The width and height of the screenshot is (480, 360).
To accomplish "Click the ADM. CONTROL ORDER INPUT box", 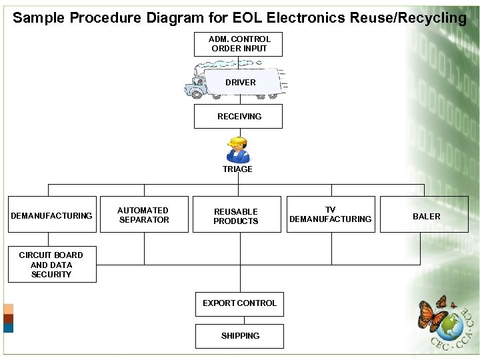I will (239, 44).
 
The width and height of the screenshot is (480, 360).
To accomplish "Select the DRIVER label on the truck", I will (241, 83).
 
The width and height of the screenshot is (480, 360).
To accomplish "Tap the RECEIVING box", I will (239, 116).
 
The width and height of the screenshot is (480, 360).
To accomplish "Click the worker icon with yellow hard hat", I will (237, 150).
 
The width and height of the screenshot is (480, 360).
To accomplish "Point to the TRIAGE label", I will (238, 169).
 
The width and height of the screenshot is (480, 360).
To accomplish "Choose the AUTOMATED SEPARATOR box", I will (143, 215).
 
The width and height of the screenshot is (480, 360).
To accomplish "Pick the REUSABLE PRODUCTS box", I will (237, 215).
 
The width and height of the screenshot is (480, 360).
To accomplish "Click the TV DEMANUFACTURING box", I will (331, 215).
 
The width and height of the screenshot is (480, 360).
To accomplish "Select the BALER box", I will (426, 215).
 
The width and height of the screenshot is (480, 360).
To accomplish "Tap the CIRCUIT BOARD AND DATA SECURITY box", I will (51, 265).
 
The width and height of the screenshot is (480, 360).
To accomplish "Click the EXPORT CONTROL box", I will (239, 303).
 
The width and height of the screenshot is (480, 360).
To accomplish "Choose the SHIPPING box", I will (239, 336).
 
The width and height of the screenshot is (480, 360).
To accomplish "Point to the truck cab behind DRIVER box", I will (198, 84).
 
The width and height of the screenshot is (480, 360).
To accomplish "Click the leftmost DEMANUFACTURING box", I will (51, 215).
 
